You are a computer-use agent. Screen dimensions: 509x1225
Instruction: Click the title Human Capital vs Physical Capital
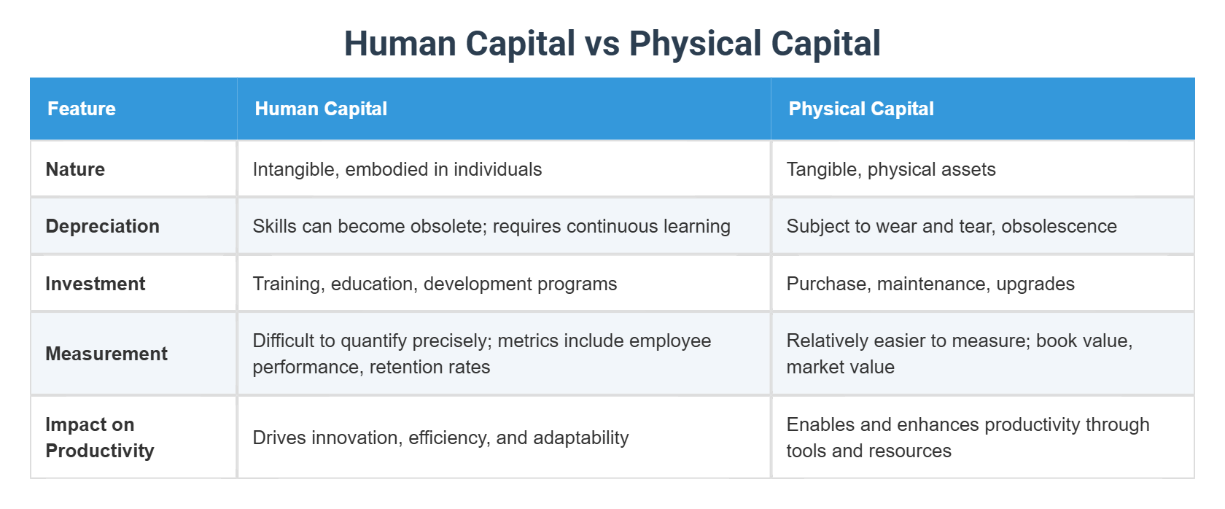tap(612, 44)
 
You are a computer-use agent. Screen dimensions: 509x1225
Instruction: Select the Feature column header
tap(82, 109)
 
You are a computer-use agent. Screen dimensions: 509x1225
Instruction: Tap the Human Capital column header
tap(321, 109)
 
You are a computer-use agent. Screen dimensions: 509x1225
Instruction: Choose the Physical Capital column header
tap(861, 109)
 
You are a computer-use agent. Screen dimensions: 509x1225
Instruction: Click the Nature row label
tap(75, 169)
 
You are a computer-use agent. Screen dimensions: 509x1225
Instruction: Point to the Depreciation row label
tap(102, 226)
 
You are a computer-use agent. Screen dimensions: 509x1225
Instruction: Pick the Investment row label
tap(95, 284)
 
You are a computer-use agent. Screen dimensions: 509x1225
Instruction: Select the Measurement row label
tap(106, 354)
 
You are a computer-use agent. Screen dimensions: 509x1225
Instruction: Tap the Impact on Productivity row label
tap(99, 438)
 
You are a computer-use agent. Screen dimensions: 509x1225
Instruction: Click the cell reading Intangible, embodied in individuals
tap(397, 169)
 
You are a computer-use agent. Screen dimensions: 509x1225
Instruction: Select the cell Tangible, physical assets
tap(891, 169)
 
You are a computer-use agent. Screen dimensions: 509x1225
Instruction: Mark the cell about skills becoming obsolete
tap(491, 226)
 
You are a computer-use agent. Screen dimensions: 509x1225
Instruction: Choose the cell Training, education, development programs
tap(435, 284)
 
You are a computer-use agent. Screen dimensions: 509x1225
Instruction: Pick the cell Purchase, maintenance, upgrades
tap(930, 284)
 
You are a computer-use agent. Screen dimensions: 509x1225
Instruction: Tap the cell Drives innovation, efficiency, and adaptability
tap(440, 438)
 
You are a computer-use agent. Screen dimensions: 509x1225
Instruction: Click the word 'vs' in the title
tap(602, 44)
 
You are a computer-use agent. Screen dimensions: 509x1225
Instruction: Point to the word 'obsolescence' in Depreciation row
tap(1059, 226)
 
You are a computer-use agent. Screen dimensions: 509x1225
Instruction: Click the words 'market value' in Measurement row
tap(840, 367)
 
